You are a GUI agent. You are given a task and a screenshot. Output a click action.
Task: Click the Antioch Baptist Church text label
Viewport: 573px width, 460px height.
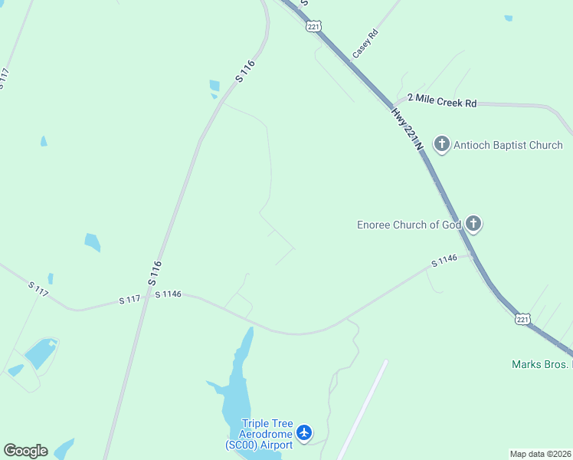pyautogui.click(x=508, y=145)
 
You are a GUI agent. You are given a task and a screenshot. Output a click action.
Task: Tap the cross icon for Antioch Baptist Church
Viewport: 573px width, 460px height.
pyautogui.click(x=441, y=143)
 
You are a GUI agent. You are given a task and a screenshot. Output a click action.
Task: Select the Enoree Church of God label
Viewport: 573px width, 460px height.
pyautogui.click(x=409, y=225)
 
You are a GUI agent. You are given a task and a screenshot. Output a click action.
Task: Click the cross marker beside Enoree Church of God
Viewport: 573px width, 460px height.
pyautogui.click(x=474, y=223)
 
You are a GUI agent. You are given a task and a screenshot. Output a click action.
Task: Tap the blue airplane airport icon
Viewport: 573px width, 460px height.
pyautogui.click(x=305, y=433)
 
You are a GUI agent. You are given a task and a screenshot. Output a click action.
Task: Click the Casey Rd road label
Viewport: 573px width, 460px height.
pyautogui.click(x=365, y=44)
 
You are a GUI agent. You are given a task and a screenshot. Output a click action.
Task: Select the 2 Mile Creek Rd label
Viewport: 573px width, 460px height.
pyautogui.click(x=442, y=101)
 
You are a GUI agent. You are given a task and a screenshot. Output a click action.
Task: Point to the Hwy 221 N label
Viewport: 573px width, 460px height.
pyautogui.click(x=407, y=127)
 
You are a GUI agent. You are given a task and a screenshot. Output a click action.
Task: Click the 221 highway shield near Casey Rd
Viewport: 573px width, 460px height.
pyautogui.click(x=313, y=26)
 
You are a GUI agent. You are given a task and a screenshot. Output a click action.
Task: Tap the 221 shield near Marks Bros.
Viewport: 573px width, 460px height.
pyautogui.click(x=522, y=318)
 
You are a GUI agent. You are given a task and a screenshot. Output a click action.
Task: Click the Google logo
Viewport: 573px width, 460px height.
pyautogui.click(x=25, y=451)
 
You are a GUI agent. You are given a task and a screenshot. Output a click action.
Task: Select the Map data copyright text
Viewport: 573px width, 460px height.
pyautogui.click(x=540, y=454)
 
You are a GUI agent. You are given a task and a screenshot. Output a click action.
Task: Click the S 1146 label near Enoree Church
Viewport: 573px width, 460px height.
pyautogui.click(x=444, y=261)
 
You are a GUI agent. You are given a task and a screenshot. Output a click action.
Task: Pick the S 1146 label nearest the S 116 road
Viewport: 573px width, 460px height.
pyautogui.click(x=168, y=294)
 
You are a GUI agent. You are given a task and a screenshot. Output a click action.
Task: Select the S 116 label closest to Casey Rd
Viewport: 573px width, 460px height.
pyautogui.click(x=244, y=71)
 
